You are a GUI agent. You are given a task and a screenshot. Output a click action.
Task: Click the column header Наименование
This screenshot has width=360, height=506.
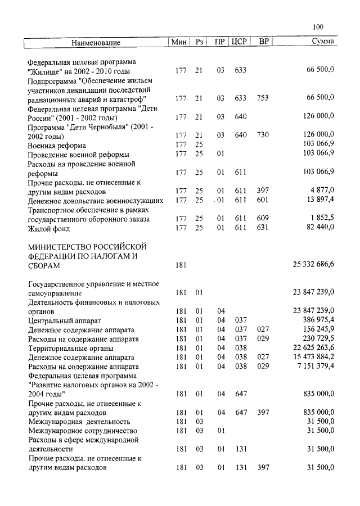pos(96,43)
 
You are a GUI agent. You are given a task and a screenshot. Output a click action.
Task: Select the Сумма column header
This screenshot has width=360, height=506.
pos(323,42)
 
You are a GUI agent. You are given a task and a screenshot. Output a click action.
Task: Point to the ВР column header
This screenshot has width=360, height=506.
pos(263,42)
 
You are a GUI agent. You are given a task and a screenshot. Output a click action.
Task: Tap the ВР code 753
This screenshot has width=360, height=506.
pos(263,98)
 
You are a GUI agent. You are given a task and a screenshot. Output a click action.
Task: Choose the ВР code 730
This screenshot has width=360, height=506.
pos(263,135)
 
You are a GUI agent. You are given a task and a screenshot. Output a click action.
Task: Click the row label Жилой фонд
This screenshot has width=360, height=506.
pos(50,228)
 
